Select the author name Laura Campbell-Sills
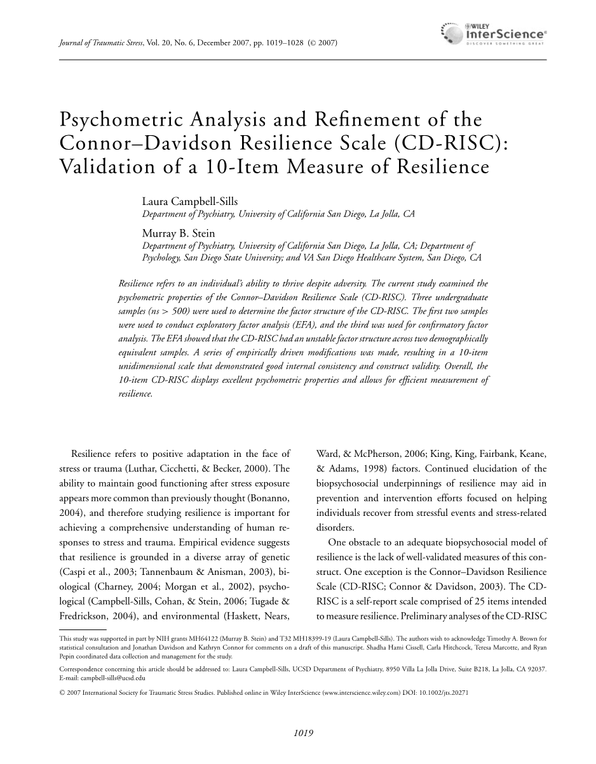189,202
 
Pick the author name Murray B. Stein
178,234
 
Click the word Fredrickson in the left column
78,616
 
